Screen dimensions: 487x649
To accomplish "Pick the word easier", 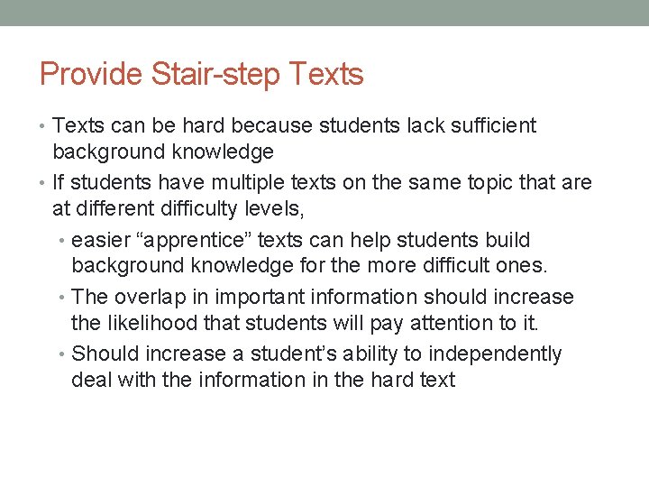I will [x=99, y=241].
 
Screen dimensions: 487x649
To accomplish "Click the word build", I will [x=510, y=241].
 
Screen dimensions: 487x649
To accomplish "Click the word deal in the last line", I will [x=90, y=380].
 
